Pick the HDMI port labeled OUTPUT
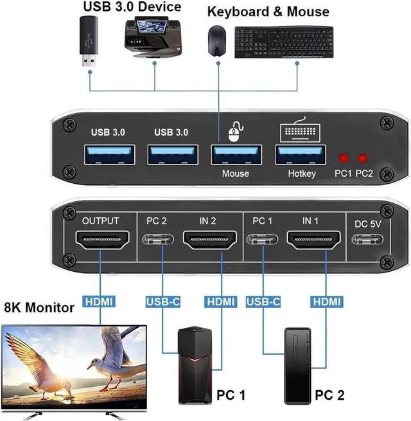point(101,242)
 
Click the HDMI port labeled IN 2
point(207,242)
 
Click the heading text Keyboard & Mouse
point(268,11)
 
